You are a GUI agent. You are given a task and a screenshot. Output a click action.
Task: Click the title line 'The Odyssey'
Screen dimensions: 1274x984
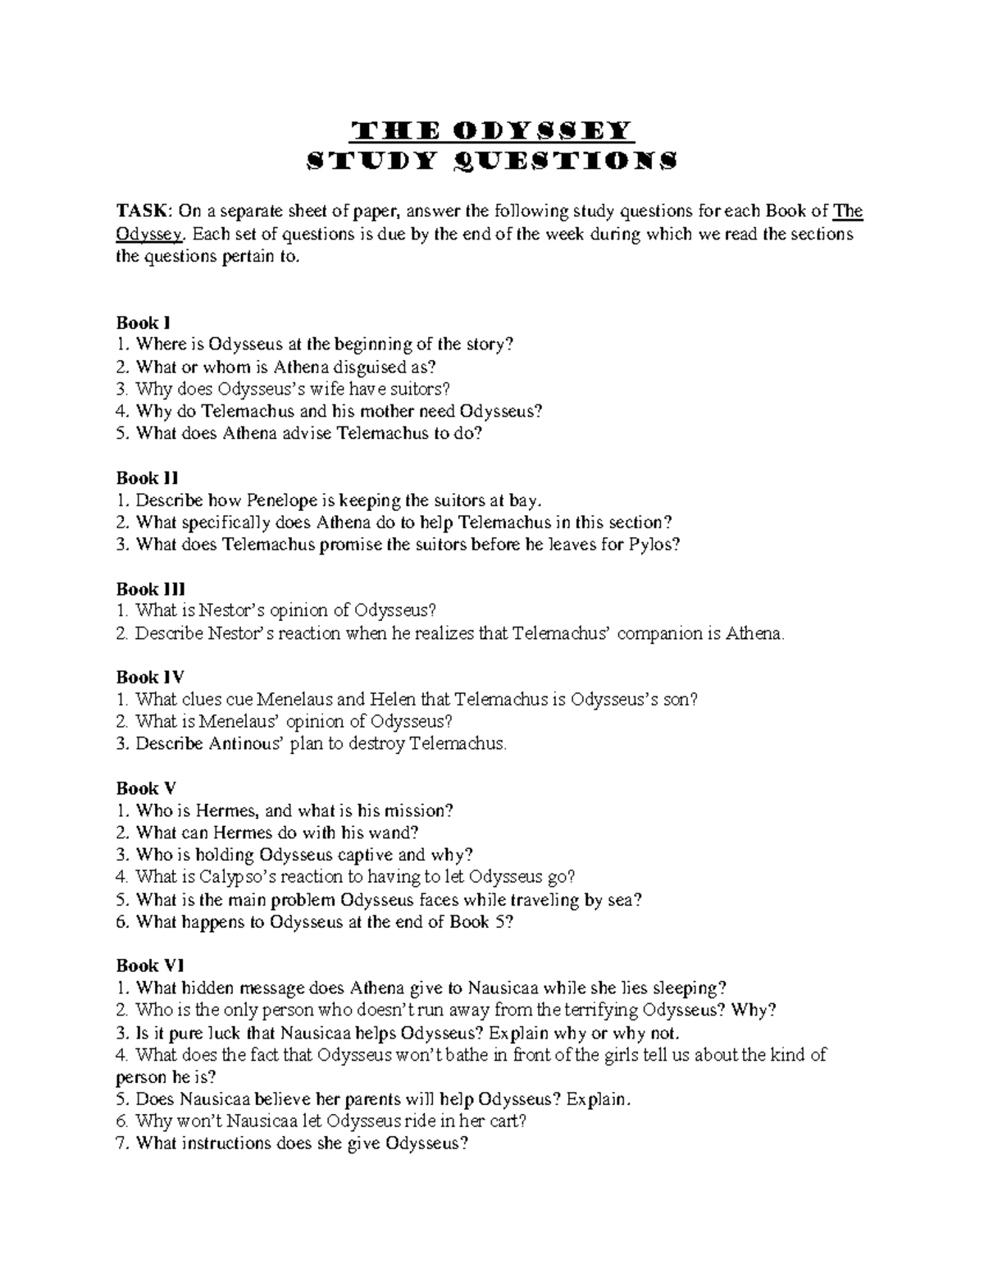click(491, 131)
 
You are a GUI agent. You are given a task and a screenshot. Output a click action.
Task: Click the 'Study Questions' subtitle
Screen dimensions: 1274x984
click(491, 162)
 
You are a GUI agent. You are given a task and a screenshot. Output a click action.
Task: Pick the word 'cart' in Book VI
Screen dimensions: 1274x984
click(502, 1121)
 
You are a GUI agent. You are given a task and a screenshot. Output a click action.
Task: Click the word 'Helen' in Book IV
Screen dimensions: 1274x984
click(392, 700)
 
